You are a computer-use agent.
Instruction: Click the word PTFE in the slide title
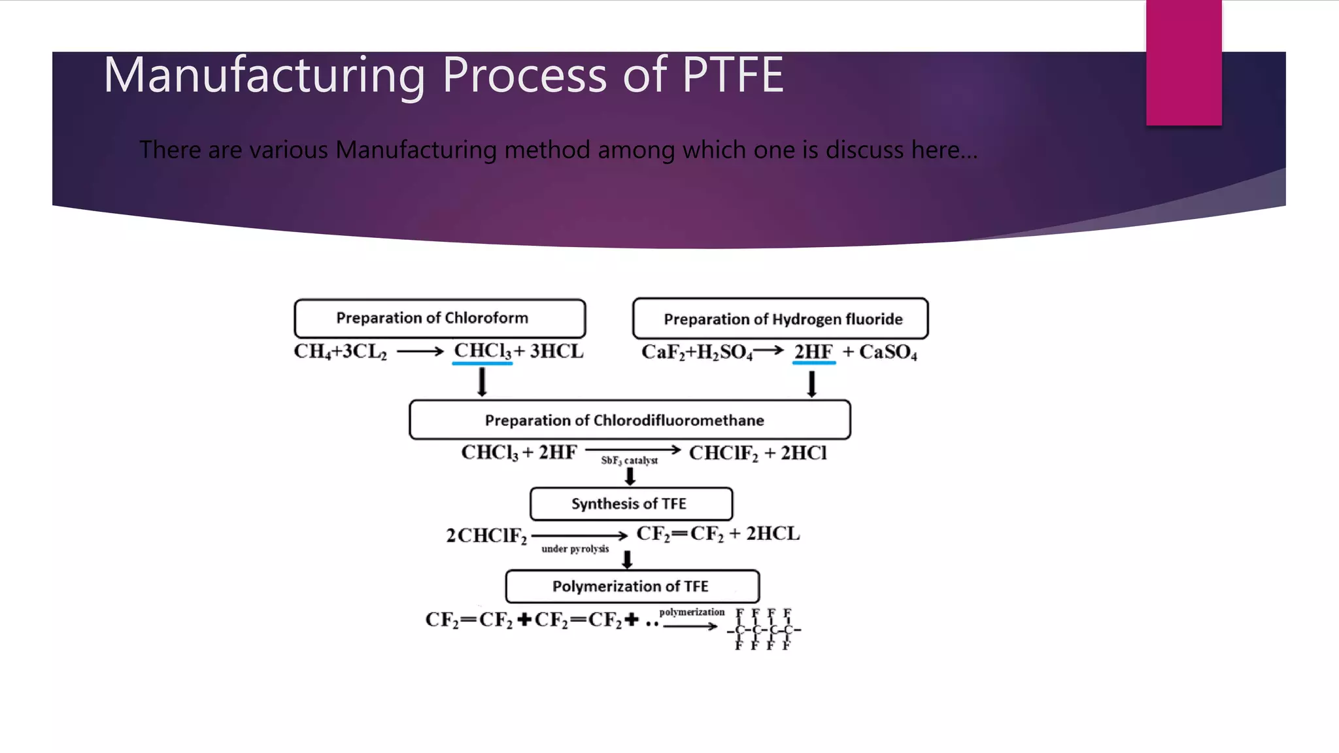(732, 75)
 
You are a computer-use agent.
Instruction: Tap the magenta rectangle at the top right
(1183, 62)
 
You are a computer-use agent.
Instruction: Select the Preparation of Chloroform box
(439, 318)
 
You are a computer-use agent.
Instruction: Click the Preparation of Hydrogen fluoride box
(780, 319)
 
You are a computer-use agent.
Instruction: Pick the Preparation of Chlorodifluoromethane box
(629, 420)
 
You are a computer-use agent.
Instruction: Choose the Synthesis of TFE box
(631, 504)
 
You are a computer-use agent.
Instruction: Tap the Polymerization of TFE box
(632, 586)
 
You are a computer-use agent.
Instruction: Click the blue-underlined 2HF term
(813, 352)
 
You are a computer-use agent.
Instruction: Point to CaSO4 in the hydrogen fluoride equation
(887, 352)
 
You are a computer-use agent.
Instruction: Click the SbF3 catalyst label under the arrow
(629, 461)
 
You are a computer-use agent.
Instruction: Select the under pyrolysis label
(575, 549)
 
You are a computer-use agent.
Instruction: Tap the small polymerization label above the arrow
(692, 612)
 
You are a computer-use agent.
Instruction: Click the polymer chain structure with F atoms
(764, 629)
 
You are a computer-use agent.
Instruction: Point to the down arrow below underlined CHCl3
(482, 382)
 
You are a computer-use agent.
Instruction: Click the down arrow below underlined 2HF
(811, 384)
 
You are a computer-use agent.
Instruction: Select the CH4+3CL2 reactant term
(340, 352)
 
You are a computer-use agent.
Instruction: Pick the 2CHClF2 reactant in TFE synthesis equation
(486, 536)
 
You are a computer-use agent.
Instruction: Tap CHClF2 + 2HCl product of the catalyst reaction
(757, 453)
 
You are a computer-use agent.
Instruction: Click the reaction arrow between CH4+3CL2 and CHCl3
(420, 352)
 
